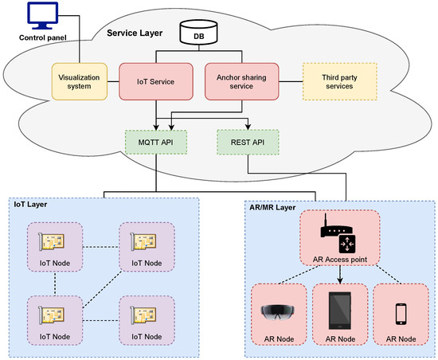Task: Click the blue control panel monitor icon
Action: (43, 16)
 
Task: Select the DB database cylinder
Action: (198, 32)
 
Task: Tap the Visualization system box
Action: (80, 81)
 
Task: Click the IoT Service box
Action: (156, 81)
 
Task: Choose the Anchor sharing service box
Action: (241, 81)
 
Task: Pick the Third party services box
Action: (340, 81)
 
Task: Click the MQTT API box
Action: (156, 142)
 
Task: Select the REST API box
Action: (248, 142)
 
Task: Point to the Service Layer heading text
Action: (135, 33)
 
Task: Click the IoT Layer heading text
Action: (30, 204)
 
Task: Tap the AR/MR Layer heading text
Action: (272, 207)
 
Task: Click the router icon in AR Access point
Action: (338, 233)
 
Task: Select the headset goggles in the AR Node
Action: (278, 311)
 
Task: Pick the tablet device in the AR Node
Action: (340, 311)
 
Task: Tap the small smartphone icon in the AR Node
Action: (401, 314)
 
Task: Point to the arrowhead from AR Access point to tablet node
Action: (340, 280)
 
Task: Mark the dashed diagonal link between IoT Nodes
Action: (102, 289)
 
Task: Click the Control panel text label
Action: (43, 37)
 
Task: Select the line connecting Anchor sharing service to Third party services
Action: (291, 81)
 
